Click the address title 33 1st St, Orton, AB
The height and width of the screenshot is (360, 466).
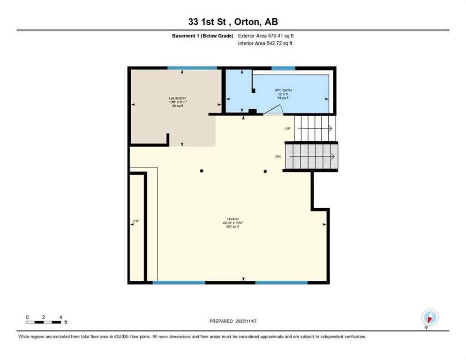(233, 22)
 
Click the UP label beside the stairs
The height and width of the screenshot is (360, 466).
(288, 128)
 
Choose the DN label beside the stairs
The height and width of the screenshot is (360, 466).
(278, 157)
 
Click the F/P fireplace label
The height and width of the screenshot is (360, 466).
(136, 220)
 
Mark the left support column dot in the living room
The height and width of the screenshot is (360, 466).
(202, 171)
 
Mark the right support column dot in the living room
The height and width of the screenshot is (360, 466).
(265, 171)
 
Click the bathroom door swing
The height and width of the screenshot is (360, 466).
(272, 110)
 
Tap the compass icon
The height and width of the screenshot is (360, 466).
(429, 317)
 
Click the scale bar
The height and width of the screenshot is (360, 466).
(44, 322)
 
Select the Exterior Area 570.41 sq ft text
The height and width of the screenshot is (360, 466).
(266, 36)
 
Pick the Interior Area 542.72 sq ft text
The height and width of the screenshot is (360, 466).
(265, 44)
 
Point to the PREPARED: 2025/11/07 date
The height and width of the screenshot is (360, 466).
(233, 321)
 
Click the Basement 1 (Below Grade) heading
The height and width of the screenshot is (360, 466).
(203, 36)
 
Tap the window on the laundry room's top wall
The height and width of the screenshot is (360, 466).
(192, 68)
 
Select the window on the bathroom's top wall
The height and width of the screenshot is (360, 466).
(283, 68)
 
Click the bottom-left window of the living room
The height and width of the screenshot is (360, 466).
(179, 283)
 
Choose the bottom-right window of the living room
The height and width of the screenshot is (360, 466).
(281, 283)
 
